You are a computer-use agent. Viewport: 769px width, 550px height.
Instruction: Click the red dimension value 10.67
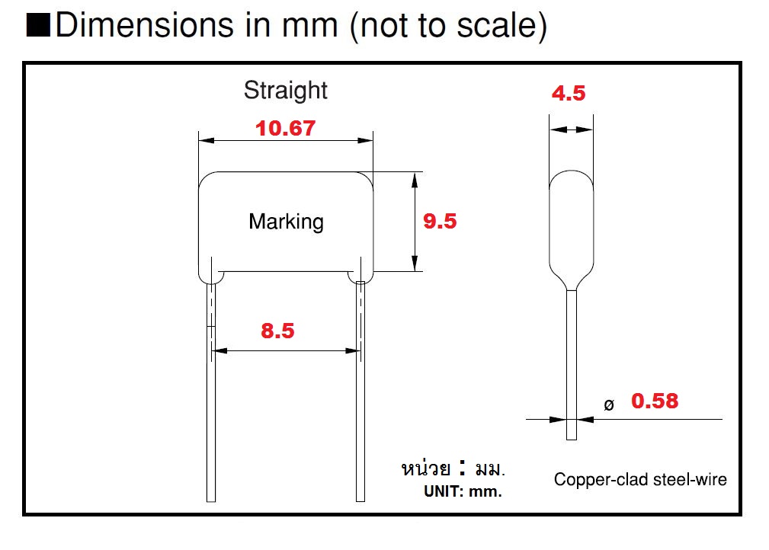(x=285, y=128)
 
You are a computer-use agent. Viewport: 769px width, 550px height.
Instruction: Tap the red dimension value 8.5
(x=277, y=331)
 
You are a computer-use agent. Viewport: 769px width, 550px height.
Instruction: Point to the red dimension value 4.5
(x=569, y=94)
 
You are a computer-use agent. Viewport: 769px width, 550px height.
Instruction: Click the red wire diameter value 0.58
(x=654, y=401)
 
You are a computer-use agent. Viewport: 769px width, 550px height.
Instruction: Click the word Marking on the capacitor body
(x=286, y=222)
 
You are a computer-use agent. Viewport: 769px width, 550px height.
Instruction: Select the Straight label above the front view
(x=285, y=90)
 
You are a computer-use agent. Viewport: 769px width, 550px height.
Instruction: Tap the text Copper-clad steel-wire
(x=639, y=479)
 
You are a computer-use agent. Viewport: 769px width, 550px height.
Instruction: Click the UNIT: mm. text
(x=463, y=491)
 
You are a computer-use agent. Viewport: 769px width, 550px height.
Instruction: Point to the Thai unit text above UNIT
(x=453, y=468)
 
